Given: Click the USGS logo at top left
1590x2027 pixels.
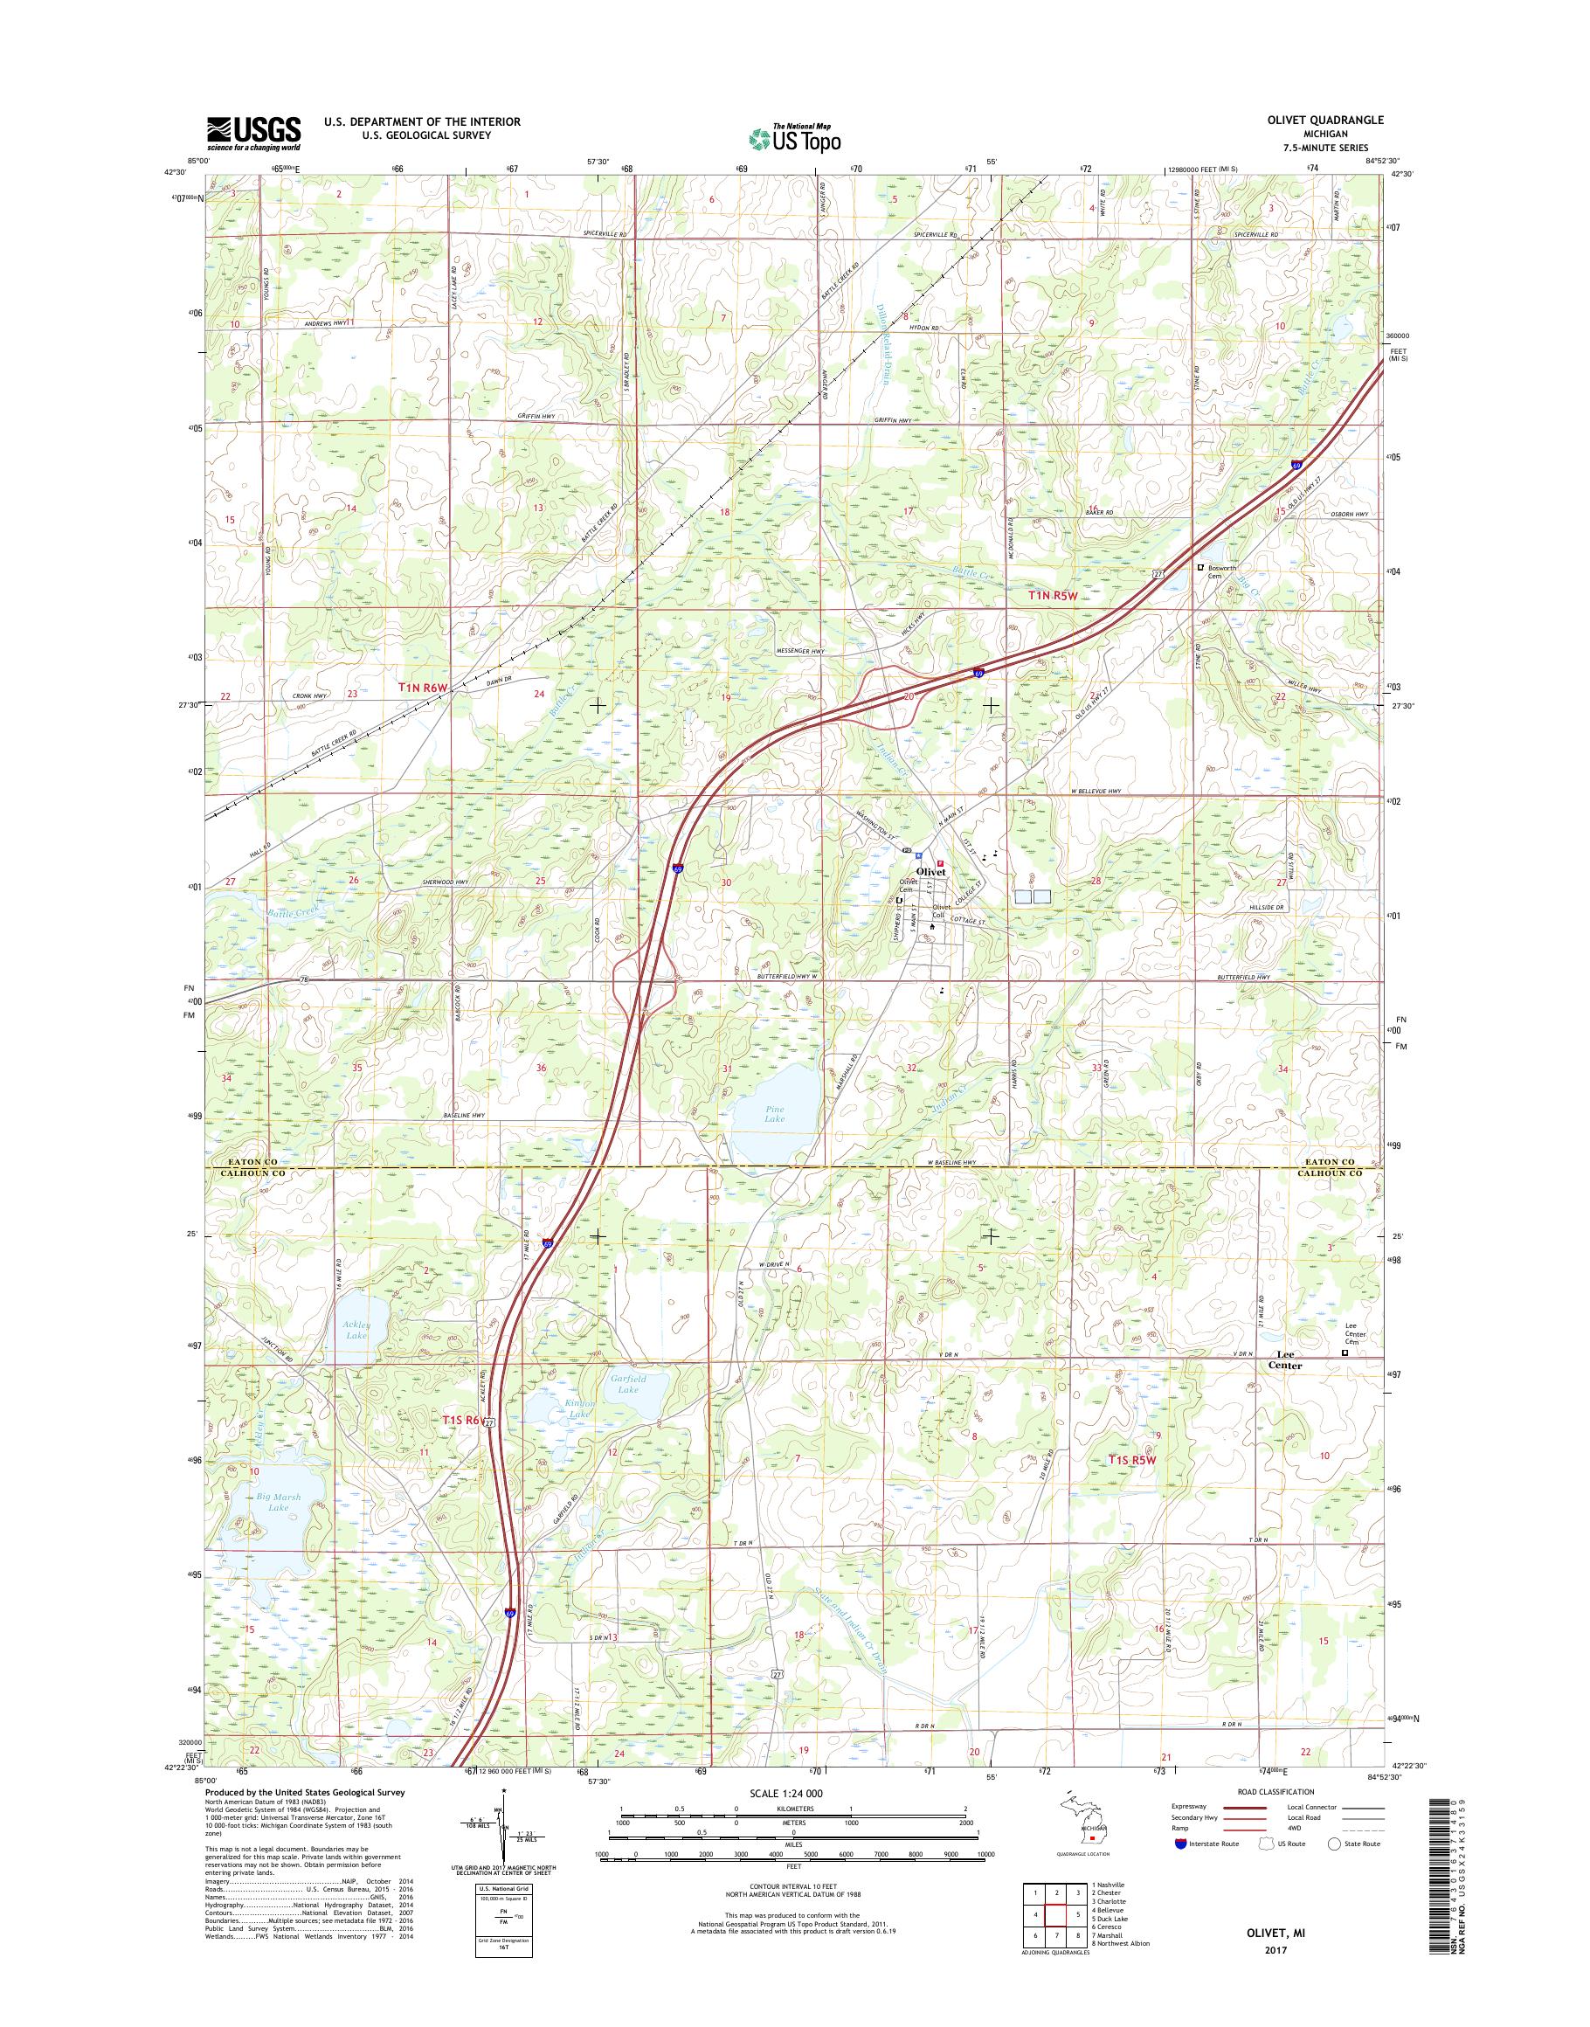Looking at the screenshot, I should (x=253, y=133).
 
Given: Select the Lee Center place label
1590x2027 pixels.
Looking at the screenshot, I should (x=1287, y=1359).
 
